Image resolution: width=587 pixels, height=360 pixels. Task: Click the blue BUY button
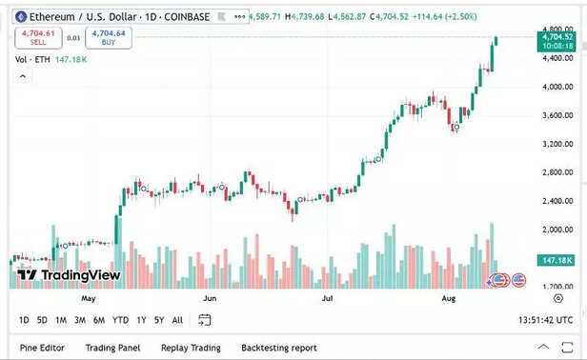point(109,37)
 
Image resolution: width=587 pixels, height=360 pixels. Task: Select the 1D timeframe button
point(24,320)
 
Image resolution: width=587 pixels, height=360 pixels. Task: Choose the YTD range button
point(120,320)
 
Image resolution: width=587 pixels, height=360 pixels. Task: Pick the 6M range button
point(99,320)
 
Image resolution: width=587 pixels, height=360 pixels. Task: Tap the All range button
point(177,320)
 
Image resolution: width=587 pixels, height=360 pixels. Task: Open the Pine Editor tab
point(43,348)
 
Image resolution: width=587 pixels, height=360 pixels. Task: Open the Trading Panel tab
point(112,348)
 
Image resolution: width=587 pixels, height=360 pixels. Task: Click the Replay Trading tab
point(191,348)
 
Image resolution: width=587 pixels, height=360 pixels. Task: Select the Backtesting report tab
point(278,348)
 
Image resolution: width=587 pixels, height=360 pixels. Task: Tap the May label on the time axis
point(90,297)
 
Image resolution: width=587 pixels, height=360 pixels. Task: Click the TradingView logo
point(69,275)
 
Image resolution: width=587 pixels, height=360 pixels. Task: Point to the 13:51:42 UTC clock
point(545,320)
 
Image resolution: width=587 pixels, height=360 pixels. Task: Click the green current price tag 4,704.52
point(558,38)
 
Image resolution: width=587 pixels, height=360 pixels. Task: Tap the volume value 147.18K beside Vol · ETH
point(71,59)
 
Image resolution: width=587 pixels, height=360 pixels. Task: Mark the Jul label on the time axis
point(328,297)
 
